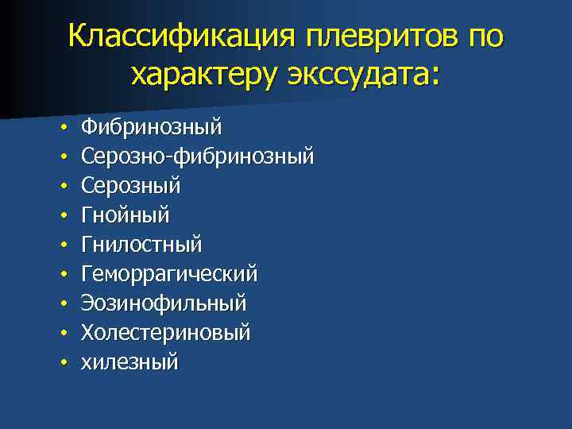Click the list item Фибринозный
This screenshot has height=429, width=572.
[x=152, y=127]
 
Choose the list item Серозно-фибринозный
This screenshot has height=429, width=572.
[x=198, y=157]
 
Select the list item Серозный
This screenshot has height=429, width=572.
[x=131, y=186]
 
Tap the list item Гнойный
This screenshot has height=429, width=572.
[x=126, y=215]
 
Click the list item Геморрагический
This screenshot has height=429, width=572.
[x=169, y=274]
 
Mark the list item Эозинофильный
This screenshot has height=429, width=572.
[x=164, y=303]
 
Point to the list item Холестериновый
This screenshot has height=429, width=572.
[x=166, y=333]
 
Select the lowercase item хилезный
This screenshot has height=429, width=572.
[x=129, y=362]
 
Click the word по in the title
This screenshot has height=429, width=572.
[x=485, y=37]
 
